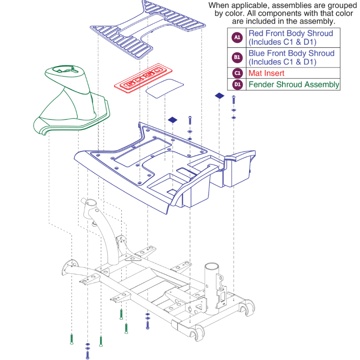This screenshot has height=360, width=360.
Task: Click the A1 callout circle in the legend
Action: [237, 37]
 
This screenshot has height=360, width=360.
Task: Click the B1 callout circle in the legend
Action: [237, 58]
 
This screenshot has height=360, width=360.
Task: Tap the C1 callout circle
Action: [237, 73]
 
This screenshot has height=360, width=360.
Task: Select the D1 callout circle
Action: [237, 84]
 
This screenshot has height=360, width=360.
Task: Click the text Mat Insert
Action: [266, 73]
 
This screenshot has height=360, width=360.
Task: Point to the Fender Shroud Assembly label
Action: [294, 84]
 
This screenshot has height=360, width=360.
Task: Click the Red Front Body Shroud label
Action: [291, 33]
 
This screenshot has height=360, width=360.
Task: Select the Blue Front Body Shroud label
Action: [291, 53]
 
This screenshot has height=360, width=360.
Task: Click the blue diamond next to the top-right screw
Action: [219, 95]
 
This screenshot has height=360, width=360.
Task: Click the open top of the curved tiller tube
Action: [89, 204]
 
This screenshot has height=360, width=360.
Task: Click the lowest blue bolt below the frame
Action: [87, 355]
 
